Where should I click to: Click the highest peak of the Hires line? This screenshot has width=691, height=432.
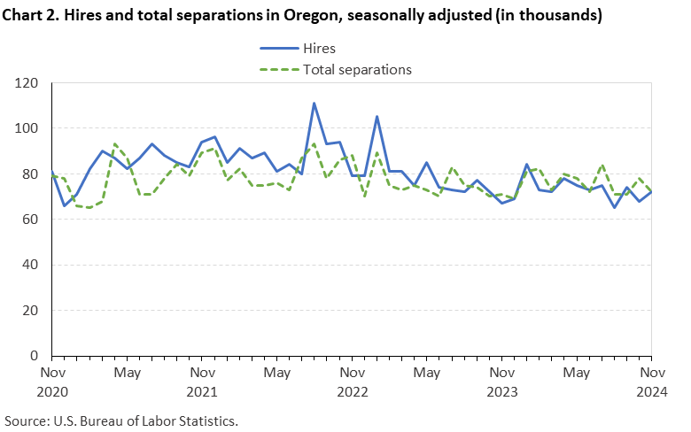(x=314, y=104)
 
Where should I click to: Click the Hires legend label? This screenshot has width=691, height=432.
(x=320, y=49)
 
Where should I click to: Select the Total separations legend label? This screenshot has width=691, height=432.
(x=358, y=69)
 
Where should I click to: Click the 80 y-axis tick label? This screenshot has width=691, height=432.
(x=34, y=174)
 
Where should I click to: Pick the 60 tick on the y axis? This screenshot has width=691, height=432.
(x=34, y=220)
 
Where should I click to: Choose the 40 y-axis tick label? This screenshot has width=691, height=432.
(x=34, y=266)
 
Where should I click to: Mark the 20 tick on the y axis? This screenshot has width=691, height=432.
(x=34, y=311)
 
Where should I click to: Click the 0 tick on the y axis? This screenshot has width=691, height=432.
(x=37, y=356)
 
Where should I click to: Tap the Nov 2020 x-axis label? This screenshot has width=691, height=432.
(x=52, y=380)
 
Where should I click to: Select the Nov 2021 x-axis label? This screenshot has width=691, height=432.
(x=202, y=380)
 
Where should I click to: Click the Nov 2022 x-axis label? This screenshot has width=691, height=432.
(x=352, y=380)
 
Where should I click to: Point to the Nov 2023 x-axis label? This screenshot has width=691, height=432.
(x=502, y=380)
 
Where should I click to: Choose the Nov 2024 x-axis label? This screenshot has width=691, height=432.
(x=651, y=380)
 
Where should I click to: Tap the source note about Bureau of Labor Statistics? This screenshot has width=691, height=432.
(x=121, y=419)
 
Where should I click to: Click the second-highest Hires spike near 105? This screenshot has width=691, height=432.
(x=377, y=117)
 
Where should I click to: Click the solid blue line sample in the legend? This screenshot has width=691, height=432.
(x=278, y=49)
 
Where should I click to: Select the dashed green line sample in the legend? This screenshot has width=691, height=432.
(x=278, y=69)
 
